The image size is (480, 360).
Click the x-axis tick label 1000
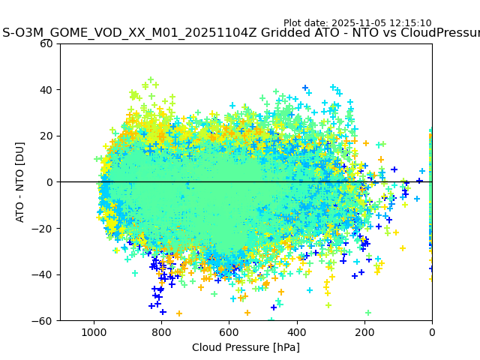coord(94,332)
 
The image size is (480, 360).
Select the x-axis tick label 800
coord(161,332)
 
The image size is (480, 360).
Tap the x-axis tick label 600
coord(229,332)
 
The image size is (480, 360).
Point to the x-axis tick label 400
coord(297,332)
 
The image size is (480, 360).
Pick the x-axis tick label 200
coord(364,332)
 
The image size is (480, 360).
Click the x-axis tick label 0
coord(432,332)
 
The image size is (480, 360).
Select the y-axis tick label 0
coord(50,182)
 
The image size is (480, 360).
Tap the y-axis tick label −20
coord(44,229)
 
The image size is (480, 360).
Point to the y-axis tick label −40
coord(44,274)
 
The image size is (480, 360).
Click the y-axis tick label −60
coord(44,321)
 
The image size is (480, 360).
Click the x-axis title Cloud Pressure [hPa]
coord(246,347)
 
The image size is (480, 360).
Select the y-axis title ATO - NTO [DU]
coord(21,182)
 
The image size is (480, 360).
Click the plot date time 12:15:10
coord(412,23)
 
